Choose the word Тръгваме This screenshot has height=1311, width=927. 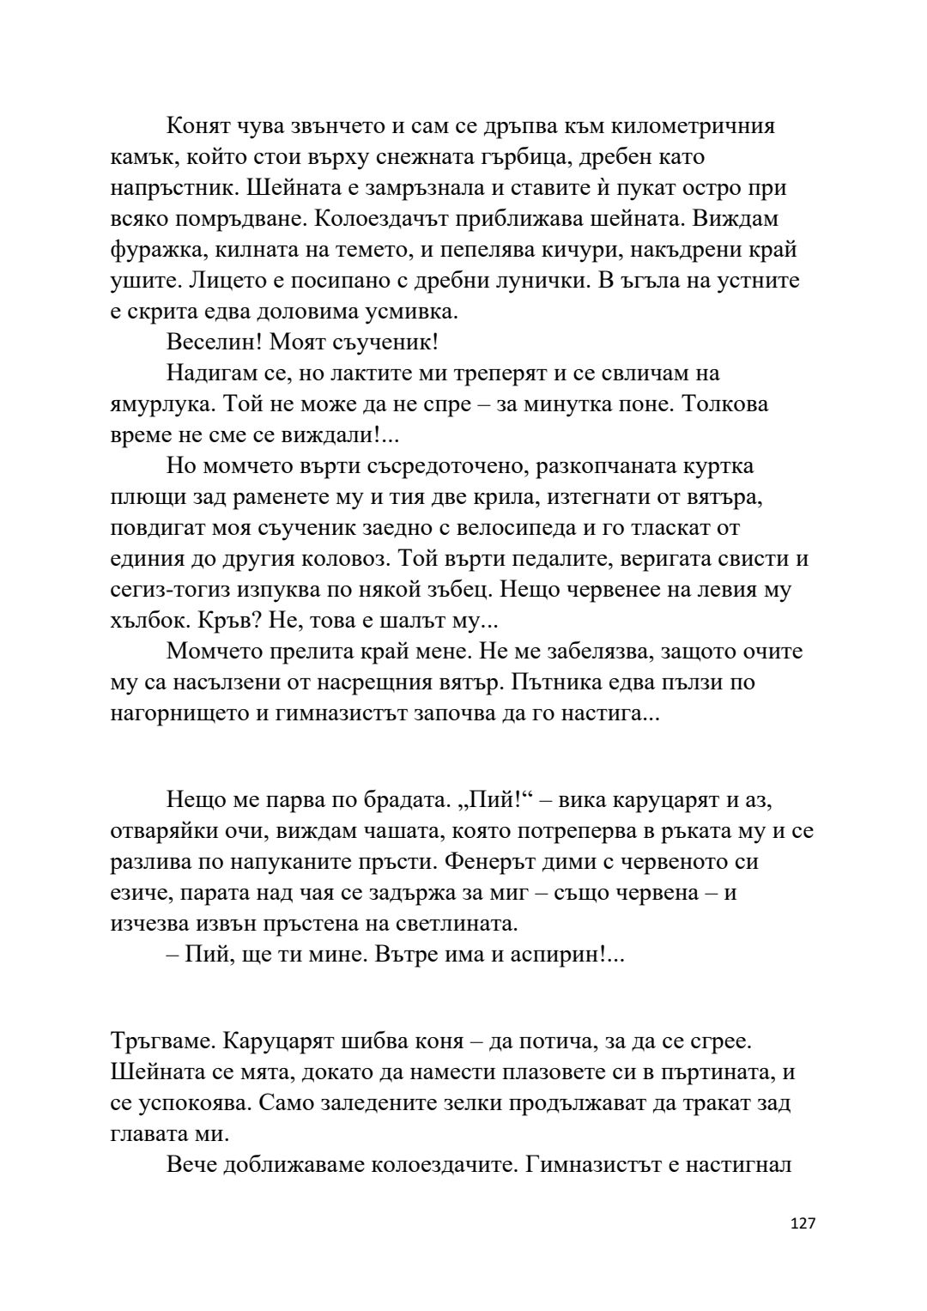(x=163, y=1041)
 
